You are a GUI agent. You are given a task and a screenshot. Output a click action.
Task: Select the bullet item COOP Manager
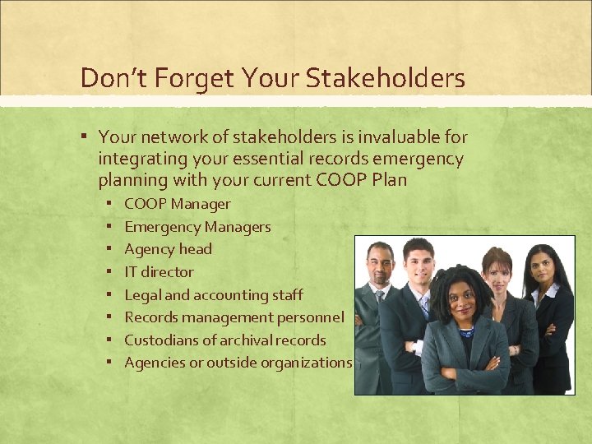tap(177, 204)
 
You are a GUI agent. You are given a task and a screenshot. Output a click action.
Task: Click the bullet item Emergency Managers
tap(197, 227)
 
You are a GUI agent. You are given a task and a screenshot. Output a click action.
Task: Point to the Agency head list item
tap(168, 249)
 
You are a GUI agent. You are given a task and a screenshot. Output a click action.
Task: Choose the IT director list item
tap(159, 272)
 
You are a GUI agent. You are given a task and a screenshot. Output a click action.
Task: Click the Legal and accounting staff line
tap(213, 294)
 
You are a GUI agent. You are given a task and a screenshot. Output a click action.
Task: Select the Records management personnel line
tap(234, 317)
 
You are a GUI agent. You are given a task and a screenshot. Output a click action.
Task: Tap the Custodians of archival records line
tap(224, 340)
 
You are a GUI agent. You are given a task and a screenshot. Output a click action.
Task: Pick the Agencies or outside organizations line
tap(238, 363)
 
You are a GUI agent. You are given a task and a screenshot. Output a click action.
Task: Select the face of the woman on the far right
tap(542, 267)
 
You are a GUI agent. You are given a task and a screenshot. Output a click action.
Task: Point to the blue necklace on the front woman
tap(466, 332)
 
